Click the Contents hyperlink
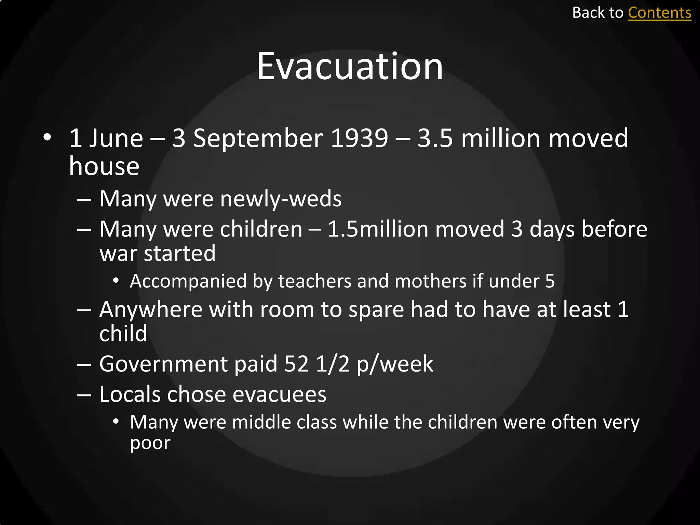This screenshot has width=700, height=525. (x=659, y=13)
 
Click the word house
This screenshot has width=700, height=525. (x=104, y=166)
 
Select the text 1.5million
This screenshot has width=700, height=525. (x=378, y=229)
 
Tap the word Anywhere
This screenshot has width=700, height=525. (x=151, y=310)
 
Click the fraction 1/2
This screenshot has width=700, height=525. (x=333, y=364)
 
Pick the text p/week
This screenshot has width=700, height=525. (x=395, y=364)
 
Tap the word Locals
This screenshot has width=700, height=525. (x=130, y=394)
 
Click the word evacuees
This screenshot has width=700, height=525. (x=279, y=395)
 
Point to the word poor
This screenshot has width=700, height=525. (x=150, y=444)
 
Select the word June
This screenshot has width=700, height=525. (x=116, y=138)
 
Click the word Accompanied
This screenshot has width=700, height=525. (x=188, y=282)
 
